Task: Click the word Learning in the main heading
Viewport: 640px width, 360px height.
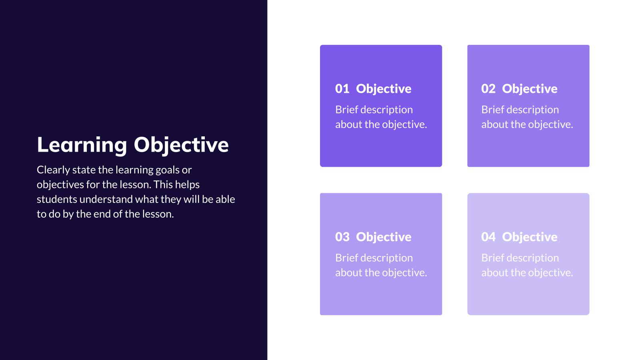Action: [x=82, y=145]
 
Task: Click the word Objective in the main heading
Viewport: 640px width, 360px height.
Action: [x=181, y=145]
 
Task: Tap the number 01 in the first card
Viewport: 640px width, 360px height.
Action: [x=342, y=89]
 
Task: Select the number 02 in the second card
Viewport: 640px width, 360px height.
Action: [x=488, y=89]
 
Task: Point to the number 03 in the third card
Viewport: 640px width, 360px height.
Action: [x=342, y=237]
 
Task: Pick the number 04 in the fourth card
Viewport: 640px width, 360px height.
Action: [x=488, y=237]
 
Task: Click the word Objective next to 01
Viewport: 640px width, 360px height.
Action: [x=384, y=89]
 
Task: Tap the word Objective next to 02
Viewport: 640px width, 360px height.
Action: [x=530, y=89]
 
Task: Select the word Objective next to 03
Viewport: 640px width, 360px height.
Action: [x=384, y=237]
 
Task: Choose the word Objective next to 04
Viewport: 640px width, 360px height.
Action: [x=530, y=237]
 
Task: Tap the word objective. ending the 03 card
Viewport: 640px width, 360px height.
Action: [x=404, y=273]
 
